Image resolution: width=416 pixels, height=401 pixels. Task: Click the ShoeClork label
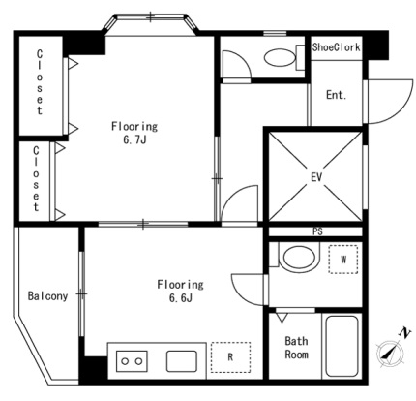336,47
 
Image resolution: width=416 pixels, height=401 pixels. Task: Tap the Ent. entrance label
336,95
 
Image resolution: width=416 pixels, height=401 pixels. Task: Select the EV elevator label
316,177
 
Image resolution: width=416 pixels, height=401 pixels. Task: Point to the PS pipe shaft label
317,231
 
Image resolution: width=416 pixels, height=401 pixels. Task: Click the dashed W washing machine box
343,260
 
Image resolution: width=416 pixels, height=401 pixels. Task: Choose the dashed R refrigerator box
230,356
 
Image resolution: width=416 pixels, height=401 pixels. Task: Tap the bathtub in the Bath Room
342,346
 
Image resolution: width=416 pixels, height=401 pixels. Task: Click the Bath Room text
296,348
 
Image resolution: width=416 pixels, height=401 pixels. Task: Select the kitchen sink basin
182,361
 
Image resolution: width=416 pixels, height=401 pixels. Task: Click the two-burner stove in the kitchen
132,361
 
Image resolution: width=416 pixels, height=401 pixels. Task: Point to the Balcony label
47,296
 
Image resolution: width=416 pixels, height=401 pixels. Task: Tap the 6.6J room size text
181,298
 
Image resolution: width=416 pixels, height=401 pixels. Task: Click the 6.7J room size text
134,139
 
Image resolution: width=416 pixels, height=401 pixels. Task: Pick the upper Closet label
40,82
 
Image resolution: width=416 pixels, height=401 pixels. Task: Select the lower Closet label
36,178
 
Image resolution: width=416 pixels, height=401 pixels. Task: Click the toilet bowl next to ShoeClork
280,58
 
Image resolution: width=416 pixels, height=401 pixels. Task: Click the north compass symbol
390,354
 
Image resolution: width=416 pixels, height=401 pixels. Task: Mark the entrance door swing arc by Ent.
401,113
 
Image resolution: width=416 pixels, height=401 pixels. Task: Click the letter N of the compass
405,332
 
